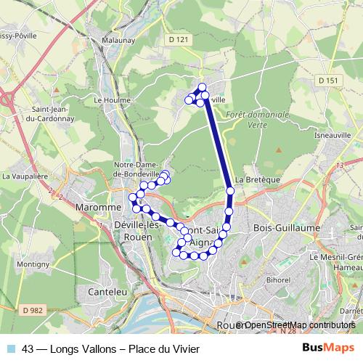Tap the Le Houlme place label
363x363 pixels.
click(x=110, y=100)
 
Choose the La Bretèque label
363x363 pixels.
click(x=253, y=181)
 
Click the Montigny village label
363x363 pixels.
click(x=32, y=265)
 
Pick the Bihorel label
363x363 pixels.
click(x=278, y=279)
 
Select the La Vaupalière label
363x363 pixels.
click(x=24, y=176)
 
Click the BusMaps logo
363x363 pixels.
click(x=326, y=348)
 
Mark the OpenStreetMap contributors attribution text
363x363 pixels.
click(x=299, y=325)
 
